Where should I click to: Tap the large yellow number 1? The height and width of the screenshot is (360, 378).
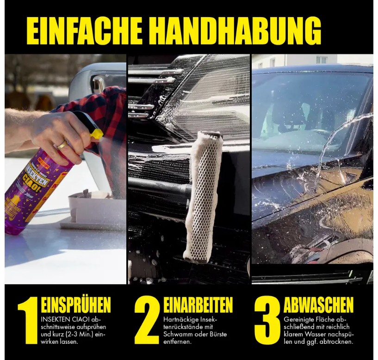point(28,321)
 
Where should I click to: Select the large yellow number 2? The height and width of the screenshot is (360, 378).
point(147,320)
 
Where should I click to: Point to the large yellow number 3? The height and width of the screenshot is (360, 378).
point(267,320)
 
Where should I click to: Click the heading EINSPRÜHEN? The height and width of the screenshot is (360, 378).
point(76,305)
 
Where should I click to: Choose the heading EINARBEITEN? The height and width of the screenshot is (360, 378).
point(198,305)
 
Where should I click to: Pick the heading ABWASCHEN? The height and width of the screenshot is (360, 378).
point(318,305)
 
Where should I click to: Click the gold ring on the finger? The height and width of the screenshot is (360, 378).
point(62,145)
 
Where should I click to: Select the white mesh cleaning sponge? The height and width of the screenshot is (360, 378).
point(203,197)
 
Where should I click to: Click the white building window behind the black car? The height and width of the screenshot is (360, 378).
point(322,60)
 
